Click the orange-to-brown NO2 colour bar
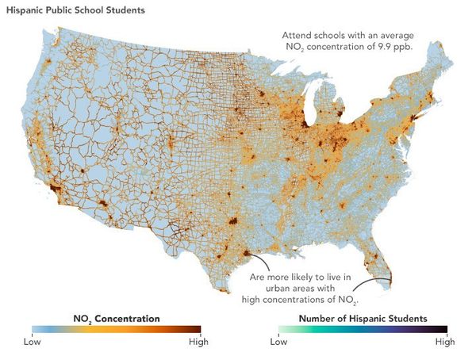tap(116, 329)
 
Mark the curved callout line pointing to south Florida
tap(367, 287)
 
